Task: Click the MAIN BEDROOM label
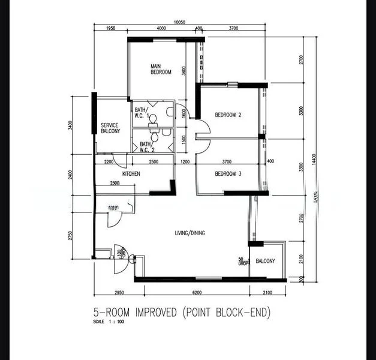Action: coord(161,69)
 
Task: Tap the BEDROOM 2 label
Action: coord(228,115)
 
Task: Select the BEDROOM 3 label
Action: coord(228,174)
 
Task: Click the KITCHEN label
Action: coord(131,173)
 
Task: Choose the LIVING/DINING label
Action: coord(189,233)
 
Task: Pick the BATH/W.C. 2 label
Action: coord(146,147)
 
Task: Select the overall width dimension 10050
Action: coord(180,22)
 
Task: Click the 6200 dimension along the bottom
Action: coord(197,293)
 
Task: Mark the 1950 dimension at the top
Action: coord(110,29)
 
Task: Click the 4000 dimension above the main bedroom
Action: coord(161,29)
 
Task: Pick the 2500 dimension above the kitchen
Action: coord(154,162)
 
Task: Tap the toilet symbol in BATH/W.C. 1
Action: coord(152,118)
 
